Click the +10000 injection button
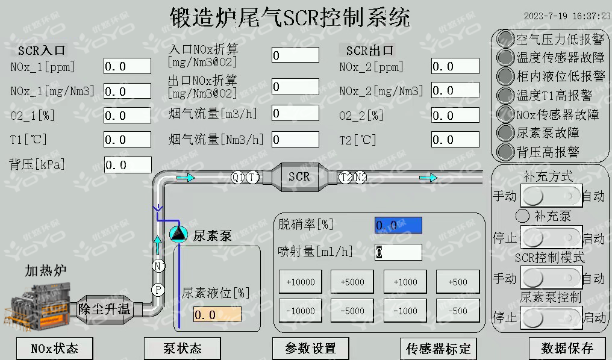click(300, 282)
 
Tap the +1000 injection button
click(405, 282)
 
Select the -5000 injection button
click(352, 311)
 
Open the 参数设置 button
click(310, 348)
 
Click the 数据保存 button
click(567, 348)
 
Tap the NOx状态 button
click(54, 348)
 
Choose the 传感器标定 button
click(438, 348)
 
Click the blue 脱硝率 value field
click(398, 225)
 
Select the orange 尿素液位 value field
click(217, 314)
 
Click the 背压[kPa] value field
click(128, 164)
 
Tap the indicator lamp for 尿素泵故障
click(505, 132)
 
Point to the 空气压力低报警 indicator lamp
click(505, 39)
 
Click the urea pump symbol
click(178, 234)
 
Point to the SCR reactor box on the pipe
click(299, 176)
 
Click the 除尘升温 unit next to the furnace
click(104, 309)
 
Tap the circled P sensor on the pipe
click(158, 290)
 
